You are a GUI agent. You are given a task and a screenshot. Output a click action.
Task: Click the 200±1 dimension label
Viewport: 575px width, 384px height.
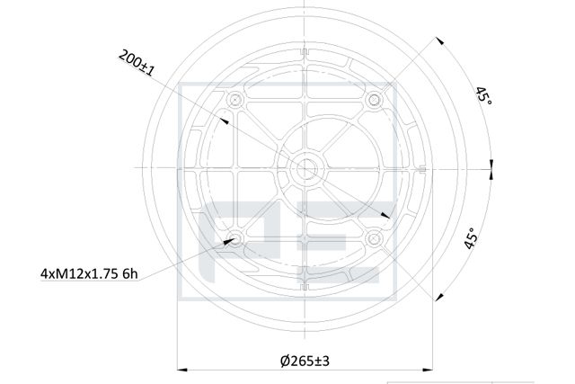(137, 62)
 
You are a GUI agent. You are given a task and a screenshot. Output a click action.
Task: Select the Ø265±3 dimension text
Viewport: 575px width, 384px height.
(305, 360)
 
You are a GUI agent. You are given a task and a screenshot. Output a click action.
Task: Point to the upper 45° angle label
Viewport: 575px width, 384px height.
(484, 95)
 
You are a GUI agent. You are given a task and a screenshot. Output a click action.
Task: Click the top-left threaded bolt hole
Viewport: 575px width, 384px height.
(236, 98)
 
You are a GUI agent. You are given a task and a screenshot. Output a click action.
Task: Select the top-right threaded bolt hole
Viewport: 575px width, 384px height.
(375, 98)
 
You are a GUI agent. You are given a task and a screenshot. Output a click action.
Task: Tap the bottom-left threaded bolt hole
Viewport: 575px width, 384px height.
(236, 237)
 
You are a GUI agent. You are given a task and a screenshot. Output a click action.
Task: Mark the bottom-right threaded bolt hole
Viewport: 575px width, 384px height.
(375, 237)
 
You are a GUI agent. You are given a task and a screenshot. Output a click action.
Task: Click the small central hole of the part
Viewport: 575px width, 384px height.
(305, 167)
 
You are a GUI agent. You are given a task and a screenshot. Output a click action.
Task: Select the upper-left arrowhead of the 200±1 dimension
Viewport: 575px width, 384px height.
(225, 120)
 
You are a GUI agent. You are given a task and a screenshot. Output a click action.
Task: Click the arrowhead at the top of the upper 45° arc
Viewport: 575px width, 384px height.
(440, 41)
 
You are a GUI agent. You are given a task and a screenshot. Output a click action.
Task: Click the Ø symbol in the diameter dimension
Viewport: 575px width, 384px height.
(284, 360)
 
